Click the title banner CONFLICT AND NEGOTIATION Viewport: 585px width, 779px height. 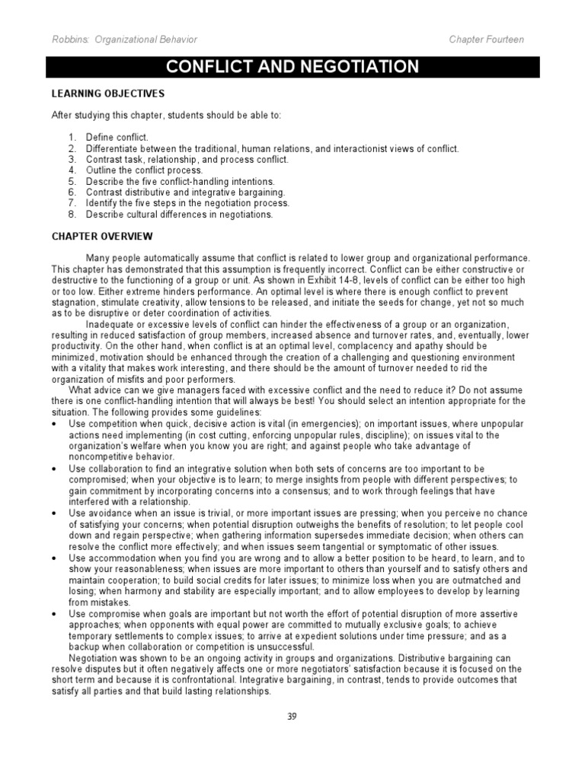pyautogui.click(x=292, y=67)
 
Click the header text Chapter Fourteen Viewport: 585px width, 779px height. pyautogui.click(x=487, y=40)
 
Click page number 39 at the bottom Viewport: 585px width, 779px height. pyautogui.click(x=292, y=716)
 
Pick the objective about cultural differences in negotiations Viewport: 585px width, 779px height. pyautogui.click(x=179, y=215)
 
